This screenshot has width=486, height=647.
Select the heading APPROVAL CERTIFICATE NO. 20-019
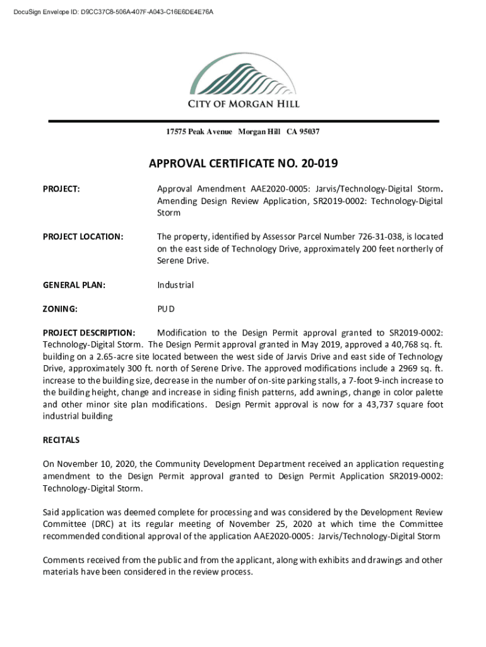[x=243, y=164]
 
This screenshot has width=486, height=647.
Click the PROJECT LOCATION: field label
[x=83, y=236]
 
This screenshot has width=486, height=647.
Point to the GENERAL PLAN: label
[x=74, y=285]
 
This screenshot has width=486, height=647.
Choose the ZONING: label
[x=60, y=309]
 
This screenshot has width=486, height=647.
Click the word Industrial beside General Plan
[x=175, y=285]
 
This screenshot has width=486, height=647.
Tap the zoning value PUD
[x=166, y=309]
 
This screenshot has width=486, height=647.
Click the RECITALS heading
[x=61, y=440]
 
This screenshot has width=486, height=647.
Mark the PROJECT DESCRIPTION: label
[x=88, y=332]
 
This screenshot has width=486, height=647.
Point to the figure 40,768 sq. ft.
[x=411, y=344]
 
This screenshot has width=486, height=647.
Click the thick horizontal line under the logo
[x=243, y=120]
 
